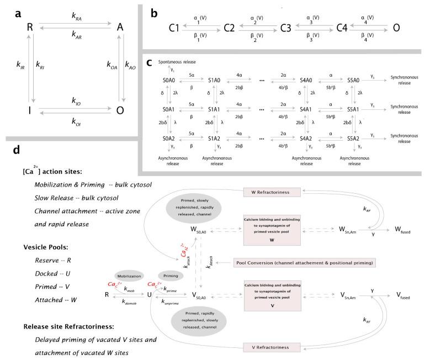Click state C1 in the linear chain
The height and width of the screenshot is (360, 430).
click(174, 26)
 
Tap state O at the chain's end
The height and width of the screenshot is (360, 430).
click(396, 26)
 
